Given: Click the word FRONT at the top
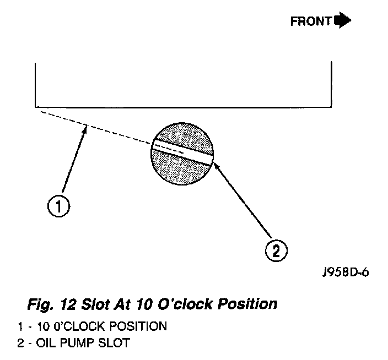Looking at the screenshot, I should (x=311, y=21).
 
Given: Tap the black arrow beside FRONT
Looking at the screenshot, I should (x=342, y=21).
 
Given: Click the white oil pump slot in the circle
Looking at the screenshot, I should (x=182, y=150).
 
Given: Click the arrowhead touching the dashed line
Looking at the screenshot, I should (x=86, y=129).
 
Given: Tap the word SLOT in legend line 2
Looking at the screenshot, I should (x=117, y=344).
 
